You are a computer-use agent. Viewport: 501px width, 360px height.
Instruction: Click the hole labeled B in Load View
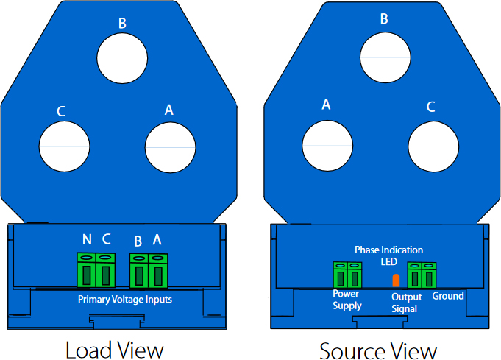point(122,58)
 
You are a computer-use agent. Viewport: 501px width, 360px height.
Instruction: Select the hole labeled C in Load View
point(65,146)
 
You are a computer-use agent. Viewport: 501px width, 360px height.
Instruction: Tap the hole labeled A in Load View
point(171,146)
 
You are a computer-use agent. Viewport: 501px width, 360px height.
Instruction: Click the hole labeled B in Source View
point(383,57)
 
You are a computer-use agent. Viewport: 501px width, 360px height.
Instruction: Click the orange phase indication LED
point(396,280)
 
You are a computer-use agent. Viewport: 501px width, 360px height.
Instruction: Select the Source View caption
point(378,349)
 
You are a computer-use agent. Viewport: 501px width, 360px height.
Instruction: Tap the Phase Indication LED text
point(388,255)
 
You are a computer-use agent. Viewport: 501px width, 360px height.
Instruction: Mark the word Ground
point(447,296)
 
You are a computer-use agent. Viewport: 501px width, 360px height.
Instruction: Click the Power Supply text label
point(347,300)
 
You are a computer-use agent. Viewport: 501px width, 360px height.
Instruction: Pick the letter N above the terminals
point(88,239)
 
